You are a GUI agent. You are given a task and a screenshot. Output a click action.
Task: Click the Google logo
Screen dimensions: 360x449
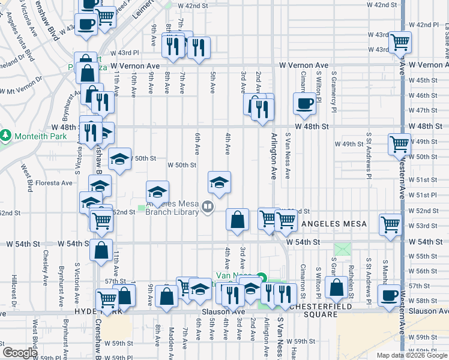point(20,353)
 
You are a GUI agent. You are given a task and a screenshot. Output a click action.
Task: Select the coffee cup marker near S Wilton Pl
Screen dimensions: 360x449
point(304,103)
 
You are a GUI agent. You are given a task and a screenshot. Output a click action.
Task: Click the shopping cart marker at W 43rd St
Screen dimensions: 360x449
point(400,42)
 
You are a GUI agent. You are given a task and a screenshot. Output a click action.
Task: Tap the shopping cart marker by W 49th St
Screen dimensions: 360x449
point(400,144)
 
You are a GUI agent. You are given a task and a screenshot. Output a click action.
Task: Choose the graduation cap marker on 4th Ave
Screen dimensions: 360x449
point(220,182)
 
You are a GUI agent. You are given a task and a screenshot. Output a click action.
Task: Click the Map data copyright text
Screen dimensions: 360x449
point(411,355)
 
